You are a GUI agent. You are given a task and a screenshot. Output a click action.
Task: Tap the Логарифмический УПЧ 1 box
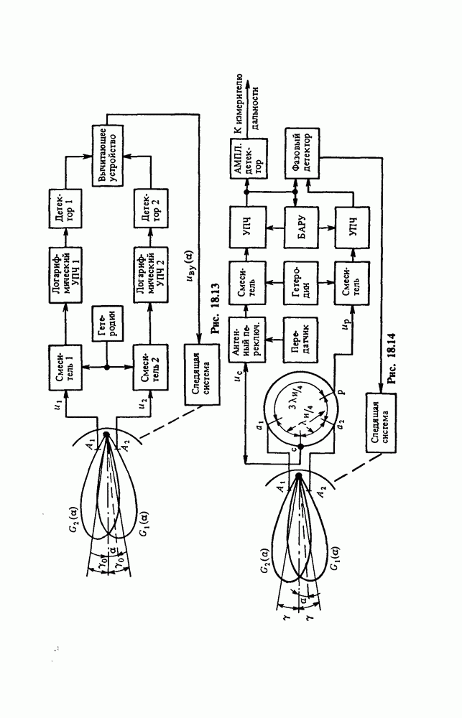pos(67,271)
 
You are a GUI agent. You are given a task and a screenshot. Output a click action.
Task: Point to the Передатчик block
pos(296,337)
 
